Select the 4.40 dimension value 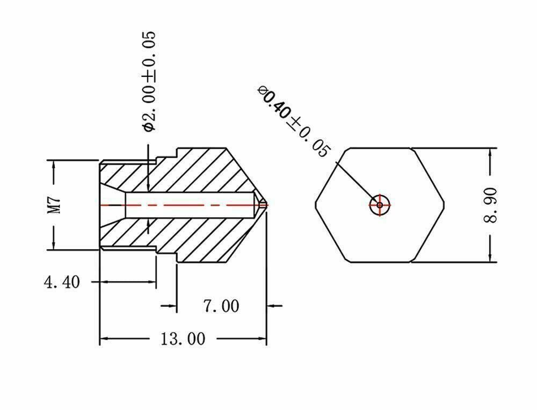pyautogui.click(x=61, y=282)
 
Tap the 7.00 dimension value pyautogui.click(x=221, y=306)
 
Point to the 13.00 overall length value pyautogui.click(x=183, y=339)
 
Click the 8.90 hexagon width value pyautogui.click(x=492, y=205)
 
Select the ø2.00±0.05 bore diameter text pyautogui.click(x=149, y=81)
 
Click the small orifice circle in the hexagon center pyautogui.click(x=380, y=205)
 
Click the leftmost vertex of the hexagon pyautogui.click(x=316, y=205)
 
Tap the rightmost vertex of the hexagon pyautogui.click(x=444, y=205)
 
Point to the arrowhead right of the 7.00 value pyautogui.click(x=273, y=306)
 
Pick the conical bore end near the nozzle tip pyautogui.click(x=258, y=204)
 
